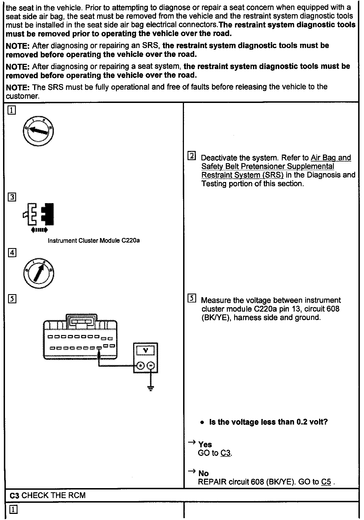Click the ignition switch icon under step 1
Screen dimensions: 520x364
(38, 131)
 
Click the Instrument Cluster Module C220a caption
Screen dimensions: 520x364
(93, 241)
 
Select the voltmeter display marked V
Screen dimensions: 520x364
(145, 350)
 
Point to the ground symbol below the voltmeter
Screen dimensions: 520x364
(151, 388)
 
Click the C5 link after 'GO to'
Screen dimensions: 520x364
(326, 482)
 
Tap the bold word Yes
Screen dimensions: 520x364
(205, 445)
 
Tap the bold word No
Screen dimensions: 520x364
(203, 473)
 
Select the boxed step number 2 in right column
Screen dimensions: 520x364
(191, 156)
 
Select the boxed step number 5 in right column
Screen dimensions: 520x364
(191, 299)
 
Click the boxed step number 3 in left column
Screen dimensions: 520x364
(12, 197)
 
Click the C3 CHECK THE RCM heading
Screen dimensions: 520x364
(48, 495)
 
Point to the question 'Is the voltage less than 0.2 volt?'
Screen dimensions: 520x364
(268, 422)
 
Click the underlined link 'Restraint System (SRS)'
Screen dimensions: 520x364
(242, 175)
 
